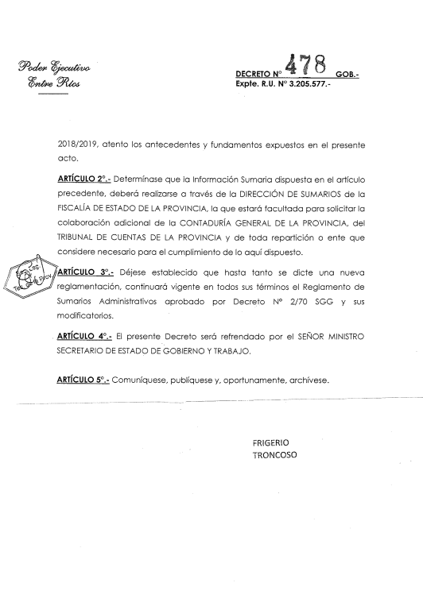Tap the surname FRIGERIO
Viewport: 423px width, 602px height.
(270, 442)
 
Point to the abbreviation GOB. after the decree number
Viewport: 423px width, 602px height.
(348, 73)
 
